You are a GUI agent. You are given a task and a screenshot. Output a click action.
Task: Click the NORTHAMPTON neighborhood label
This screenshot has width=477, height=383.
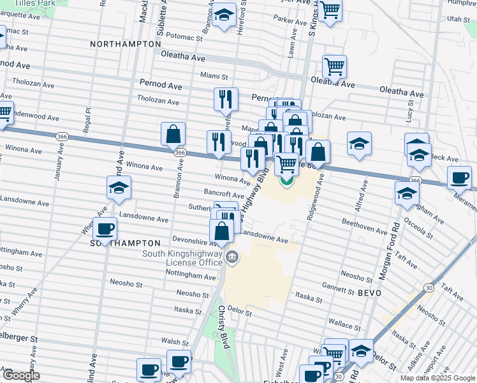click(x=126, y=44)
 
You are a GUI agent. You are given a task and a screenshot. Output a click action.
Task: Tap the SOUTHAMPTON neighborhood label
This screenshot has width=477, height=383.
click(x=125, y=243)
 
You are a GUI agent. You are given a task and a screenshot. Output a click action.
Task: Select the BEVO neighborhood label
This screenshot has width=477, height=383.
click(x=369, y=292)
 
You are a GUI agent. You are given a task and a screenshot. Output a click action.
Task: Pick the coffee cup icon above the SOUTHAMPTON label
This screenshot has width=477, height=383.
click(x=105, y=229)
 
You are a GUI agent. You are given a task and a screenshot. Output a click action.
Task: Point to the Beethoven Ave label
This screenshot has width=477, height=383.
click(x=365, y=226)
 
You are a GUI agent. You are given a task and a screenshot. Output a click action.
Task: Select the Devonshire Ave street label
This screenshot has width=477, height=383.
click(x=196, y=241)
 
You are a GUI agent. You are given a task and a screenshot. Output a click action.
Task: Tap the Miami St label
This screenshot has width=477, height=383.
click(x=214, y=75)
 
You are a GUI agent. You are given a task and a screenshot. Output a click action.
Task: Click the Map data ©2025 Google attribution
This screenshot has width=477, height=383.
click(x=437, y=378)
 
